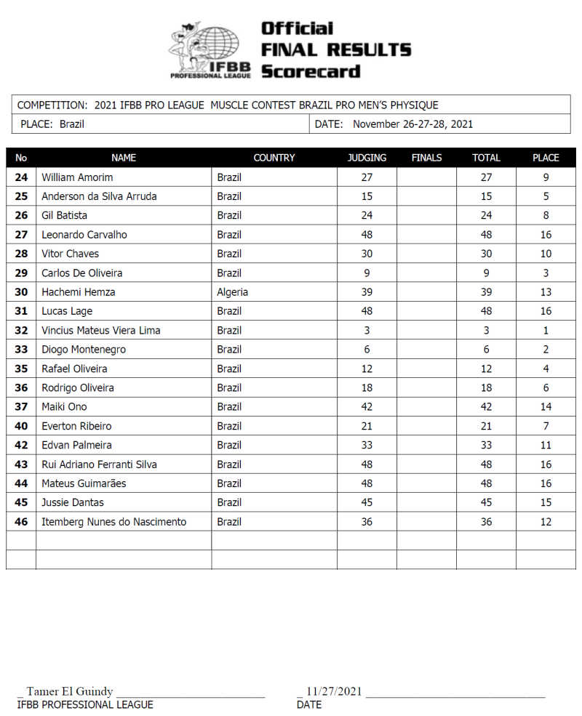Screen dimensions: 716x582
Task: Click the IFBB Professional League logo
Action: [210, 49]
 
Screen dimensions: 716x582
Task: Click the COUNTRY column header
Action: [274, 158]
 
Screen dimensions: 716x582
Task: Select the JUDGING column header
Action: [367, 158]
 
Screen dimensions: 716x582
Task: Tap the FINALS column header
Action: [426, 158]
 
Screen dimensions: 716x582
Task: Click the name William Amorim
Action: [77, 177]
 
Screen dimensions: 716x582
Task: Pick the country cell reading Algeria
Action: [232, 292]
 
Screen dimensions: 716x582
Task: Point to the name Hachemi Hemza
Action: [78, 292]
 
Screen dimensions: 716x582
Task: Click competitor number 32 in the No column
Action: [21, 330]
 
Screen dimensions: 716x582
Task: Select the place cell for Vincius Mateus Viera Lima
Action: [546, 330]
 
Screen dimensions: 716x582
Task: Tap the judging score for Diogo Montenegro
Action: [367, 350]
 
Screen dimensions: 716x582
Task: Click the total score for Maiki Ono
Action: [486, 407]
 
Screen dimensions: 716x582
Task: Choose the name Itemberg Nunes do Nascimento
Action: [113, 522]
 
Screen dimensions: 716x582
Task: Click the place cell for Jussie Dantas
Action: [546, 502]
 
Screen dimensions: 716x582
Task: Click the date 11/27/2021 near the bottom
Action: [334, 691]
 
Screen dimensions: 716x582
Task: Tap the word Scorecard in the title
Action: [311, 71]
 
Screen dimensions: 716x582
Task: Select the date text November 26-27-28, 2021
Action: [412, 124]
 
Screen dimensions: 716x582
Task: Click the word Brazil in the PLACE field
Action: [72, 124]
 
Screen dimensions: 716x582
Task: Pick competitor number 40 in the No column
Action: [21, 426]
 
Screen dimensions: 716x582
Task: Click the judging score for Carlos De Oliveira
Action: [367, 273]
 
